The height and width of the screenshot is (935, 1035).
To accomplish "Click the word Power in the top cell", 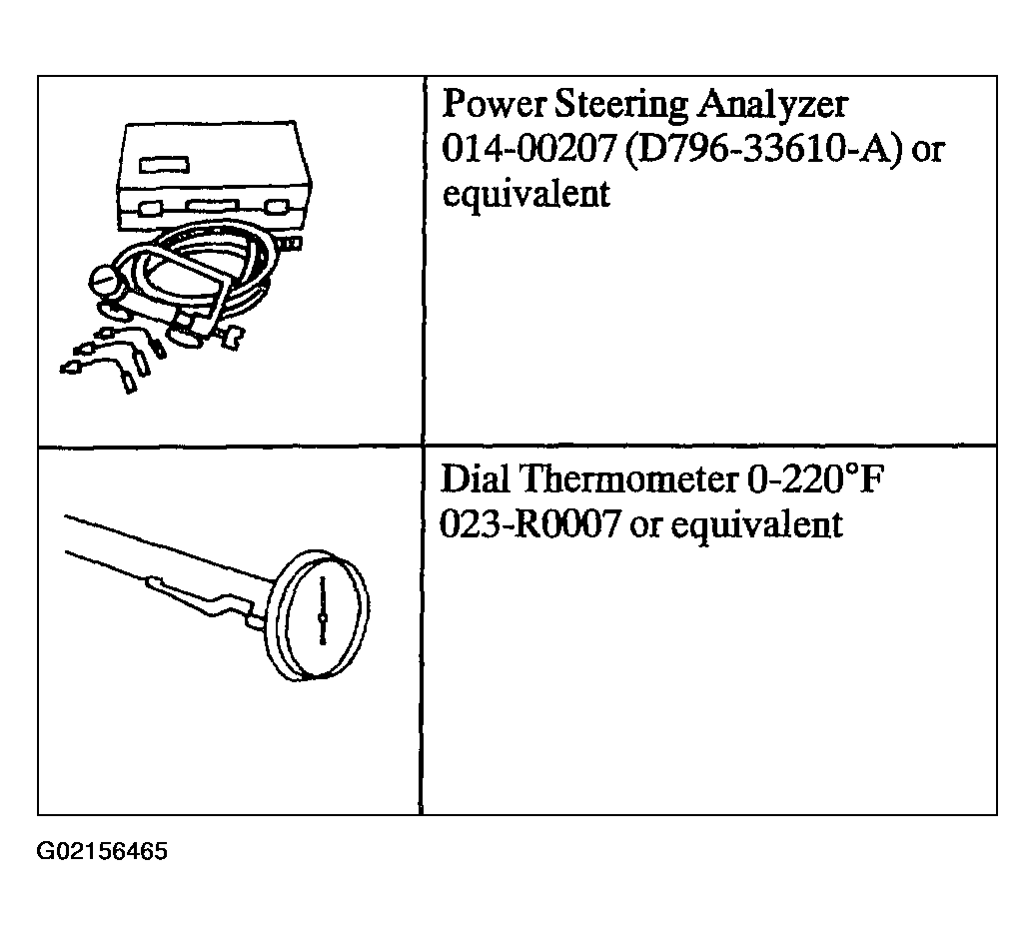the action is [x=494, y=104].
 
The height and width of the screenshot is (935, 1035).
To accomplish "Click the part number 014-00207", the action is [x=528, y=149].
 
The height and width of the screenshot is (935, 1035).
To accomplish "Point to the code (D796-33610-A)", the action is [x=763, y=150].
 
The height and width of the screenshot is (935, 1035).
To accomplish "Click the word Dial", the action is [x=475, y=478].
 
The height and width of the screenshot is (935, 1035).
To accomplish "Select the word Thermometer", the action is [x=629, y=478].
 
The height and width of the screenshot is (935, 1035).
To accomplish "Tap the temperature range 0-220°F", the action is [x=814, y=478].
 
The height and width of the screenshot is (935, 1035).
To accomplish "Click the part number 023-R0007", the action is [x=530, y=524].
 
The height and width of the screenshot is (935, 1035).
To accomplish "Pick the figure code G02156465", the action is [x=102, y=851].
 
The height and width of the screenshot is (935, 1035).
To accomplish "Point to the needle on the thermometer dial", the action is [x=323, y=610].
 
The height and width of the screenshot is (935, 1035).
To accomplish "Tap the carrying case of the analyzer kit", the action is [x=215, y=177].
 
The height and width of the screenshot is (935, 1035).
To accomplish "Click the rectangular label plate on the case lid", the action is [x=165, y=165].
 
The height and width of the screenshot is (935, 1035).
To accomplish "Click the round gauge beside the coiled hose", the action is [x=106, y=282].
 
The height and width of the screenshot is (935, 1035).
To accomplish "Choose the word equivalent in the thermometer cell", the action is [x=756, y=525].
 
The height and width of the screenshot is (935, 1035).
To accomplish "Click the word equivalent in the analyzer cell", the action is [x=525, y=195].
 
